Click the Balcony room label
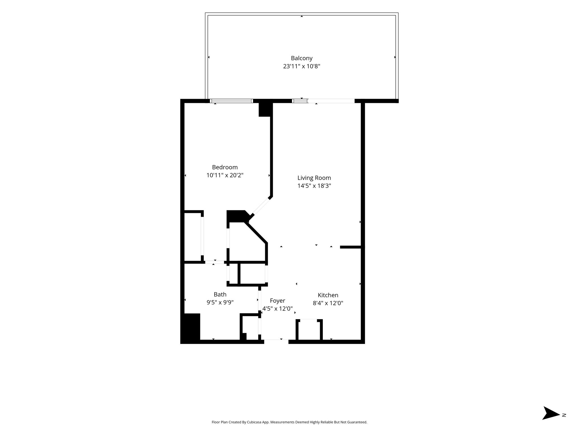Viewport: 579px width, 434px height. [x=302, y=58]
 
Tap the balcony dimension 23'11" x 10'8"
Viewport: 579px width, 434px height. [x=302, y=66]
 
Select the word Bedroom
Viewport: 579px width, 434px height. [x=225, y=167]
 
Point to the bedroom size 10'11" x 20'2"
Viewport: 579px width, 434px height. [x=225, y=175]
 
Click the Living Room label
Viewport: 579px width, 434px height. [x=314, y=178]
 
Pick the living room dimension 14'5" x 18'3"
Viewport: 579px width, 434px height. [x=314, y=186]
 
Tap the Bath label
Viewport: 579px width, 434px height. [x=220, y=294]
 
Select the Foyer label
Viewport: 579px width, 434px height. [x=277, y=301]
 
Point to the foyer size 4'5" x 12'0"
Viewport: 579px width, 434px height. [x=277, y=309]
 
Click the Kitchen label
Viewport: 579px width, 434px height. [x=328, y=295]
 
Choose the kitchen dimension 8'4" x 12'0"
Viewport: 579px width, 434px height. [x=328, y=303]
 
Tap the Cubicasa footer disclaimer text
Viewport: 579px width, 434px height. [x=289, y=422]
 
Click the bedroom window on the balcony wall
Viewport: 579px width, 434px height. [x=231, y=101]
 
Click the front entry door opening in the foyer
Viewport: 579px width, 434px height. [x=276, y=342]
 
